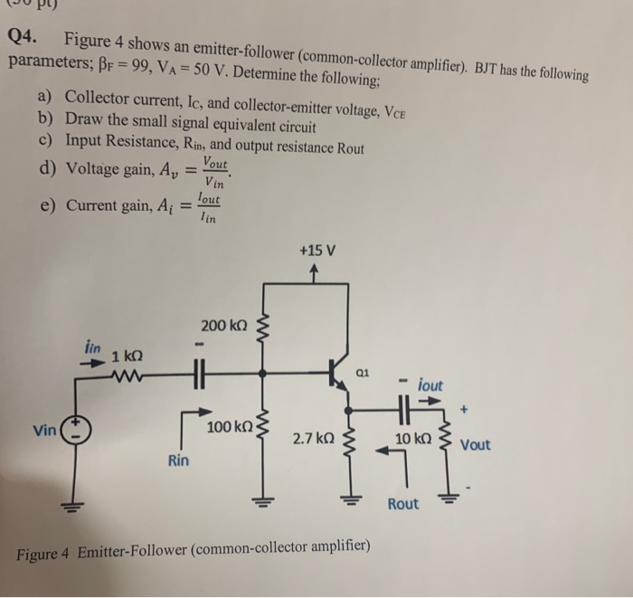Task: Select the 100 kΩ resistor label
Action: point(230,426)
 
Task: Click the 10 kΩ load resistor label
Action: point(413,439)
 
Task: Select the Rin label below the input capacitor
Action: point(178,460)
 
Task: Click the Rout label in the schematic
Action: point(402,503)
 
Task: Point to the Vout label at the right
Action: point(476,445)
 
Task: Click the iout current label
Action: point(430,384)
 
